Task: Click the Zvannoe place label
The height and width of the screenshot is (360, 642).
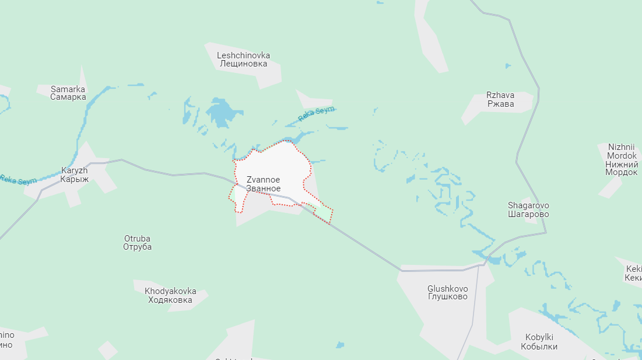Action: click(x=263, y=184)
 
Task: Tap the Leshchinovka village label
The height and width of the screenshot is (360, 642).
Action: click(x=243, y=60)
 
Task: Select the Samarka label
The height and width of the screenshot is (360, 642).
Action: click(x=68, y=93)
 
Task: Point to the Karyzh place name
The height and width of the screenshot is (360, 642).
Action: click(x=75, y=174)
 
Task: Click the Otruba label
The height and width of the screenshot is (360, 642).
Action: click(x=137, y=242)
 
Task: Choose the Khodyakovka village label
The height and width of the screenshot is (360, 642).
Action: click(x=170, y=295)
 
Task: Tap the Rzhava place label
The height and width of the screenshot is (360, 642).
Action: click(x=500, y=99)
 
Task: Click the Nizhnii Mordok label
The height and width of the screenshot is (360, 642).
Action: click(x=622, y=160)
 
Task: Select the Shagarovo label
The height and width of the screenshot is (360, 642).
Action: click(x=528, y=209)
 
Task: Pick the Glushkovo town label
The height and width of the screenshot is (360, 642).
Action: click(x=448, y=292)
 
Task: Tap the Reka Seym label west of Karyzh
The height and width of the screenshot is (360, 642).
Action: click(x=17, y=180)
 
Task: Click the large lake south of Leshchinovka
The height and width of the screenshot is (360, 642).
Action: click(x=220, y=112)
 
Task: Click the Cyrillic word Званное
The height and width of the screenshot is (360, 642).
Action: click(x=263, y=188)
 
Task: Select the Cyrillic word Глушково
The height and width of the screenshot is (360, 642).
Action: click(x=448, y=296)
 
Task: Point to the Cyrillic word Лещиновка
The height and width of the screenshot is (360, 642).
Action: click(x=243, y=64)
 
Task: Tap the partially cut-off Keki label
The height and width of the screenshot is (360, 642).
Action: click(x=633, y=273)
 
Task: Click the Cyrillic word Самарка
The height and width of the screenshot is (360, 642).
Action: click(x=68, y=97)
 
